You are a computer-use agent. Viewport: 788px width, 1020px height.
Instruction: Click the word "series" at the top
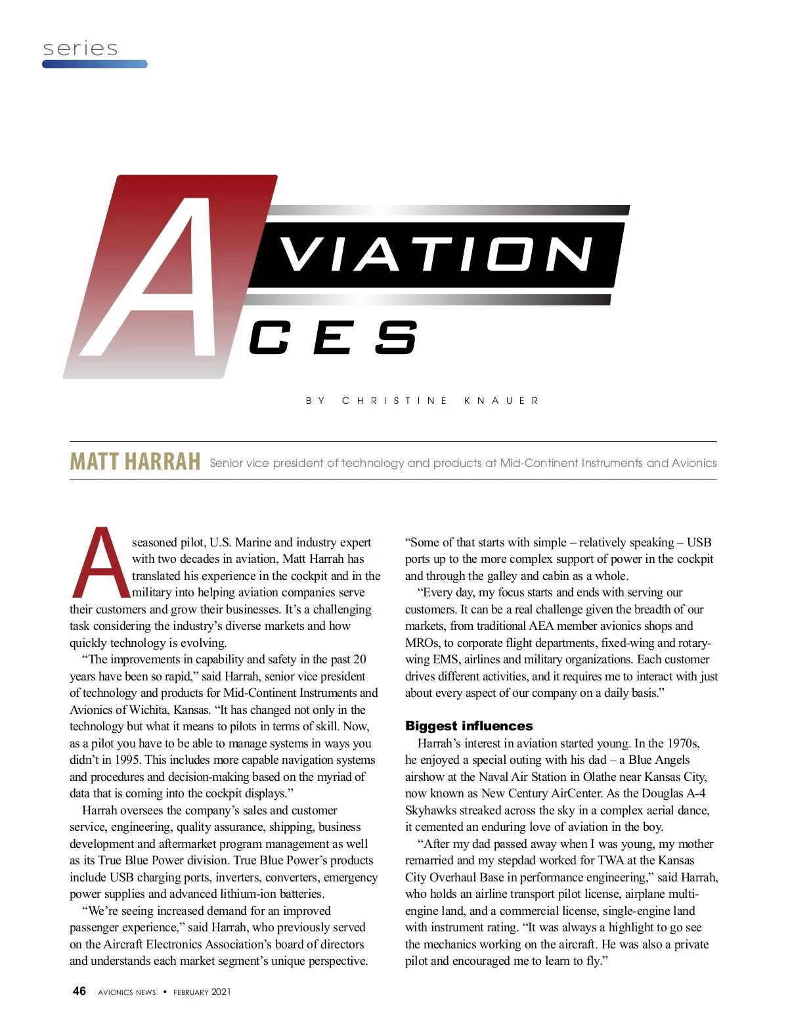point(80,49)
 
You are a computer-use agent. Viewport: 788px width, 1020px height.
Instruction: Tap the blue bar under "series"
point(95,64)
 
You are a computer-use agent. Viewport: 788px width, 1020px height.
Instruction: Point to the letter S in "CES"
point(396,338)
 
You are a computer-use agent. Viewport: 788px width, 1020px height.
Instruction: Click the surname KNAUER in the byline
point(501,401)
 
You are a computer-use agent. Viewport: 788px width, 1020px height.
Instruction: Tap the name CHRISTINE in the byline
point(395,401)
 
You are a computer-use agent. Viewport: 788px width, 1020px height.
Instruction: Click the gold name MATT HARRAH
point(135,461)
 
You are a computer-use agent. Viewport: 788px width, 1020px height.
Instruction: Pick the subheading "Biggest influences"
point(469,726)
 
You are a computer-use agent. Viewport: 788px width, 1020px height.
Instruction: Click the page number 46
point(79,991)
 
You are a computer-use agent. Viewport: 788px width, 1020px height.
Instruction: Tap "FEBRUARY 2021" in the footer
point(202,992)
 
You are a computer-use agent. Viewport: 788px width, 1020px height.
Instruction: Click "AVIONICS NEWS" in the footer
point(127,992)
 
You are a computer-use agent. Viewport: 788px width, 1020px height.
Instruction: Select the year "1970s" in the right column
point(683,743)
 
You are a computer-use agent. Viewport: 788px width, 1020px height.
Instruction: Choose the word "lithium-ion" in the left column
point(255,894)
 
